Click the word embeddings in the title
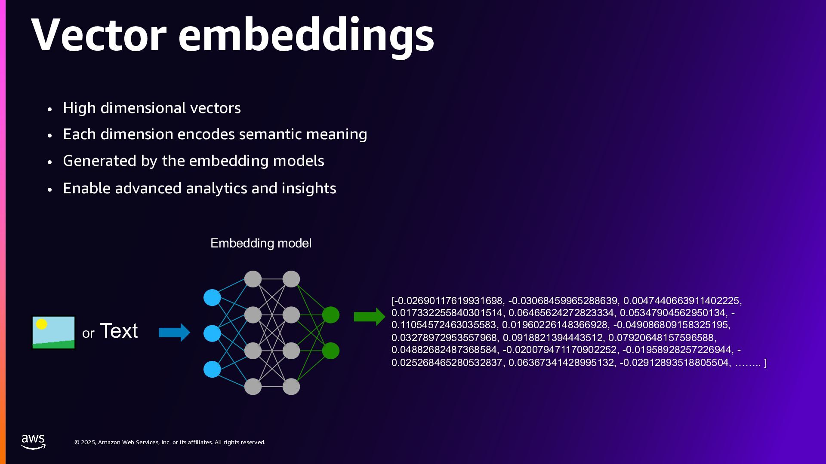pos(306,37)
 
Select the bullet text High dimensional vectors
pos(151,108)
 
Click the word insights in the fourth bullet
pos(308,188)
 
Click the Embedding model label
pos(261,243)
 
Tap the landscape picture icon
pos(54,333)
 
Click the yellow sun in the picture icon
pos(41,324)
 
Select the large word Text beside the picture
pos(119,331)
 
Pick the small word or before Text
pos(88,333)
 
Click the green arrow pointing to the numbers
pos(369,317)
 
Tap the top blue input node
pos(212,297)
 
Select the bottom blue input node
pos(212,369)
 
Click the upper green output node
pos(330,315)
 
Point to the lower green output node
pos(330,351)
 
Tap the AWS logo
pos(33,442)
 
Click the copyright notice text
pos(170,442)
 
